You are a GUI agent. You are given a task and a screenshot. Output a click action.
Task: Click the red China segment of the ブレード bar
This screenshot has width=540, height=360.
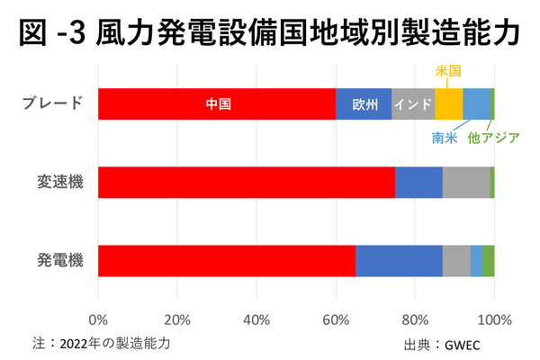(x=216, y=103)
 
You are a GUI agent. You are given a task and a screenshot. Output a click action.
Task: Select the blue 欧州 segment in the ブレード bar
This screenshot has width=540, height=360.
(x=364, y=103)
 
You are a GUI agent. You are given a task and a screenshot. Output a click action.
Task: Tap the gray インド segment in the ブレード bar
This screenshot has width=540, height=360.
(x=413, y=103)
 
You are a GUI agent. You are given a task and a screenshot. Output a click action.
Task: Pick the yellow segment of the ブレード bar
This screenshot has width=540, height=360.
(x=448, y=103)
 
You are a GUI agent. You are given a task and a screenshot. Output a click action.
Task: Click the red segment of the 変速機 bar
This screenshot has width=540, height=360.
(x=246, y=182)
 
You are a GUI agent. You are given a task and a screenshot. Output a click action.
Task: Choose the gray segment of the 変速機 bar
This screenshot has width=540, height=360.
(x=466, y=182)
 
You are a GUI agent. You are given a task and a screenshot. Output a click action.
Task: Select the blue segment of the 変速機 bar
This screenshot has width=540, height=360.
(x=418, y=182)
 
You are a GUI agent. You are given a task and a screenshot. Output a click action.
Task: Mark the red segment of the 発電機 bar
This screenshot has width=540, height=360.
(x=226, y=260)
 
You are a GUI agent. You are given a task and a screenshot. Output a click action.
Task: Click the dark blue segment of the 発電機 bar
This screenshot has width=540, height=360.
(x=399, y=260)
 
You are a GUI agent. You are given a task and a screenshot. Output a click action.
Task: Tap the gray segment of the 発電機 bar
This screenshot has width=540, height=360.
(x=456, y=260)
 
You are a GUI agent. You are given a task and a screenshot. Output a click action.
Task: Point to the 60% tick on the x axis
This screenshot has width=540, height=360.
(x=336, y=319)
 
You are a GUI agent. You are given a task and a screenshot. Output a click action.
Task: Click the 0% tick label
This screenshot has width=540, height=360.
(x=98, y=319)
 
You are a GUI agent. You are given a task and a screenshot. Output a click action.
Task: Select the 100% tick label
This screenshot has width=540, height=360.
(x=494, y=319)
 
